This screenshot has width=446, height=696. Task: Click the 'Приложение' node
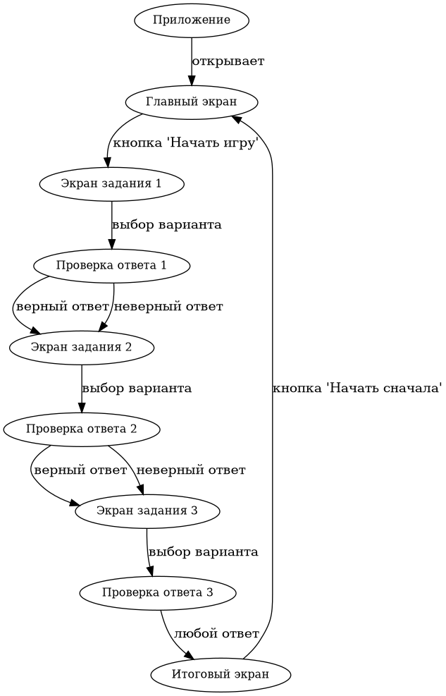[x=192, y=20]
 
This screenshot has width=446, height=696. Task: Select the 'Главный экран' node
[x=192, y=102]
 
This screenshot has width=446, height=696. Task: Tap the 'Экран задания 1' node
[x=112, y=183]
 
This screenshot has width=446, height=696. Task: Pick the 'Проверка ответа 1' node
[x=112, y=265]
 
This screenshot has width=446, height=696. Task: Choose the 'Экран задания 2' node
[x=82, y=347]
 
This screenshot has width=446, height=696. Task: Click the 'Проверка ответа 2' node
[x=82, y=429]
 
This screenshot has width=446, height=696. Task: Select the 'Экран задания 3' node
[x=147, y=511]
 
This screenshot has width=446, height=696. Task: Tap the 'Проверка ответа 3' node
[x=158, y=592]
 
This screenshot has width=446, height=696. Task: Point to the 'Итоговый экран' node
[x=221, y=674]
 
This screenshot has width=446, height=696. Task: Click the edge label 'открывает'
[x=228, y=61]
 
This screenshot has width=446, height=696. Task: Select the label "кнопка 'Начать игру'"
[x=186, y=142]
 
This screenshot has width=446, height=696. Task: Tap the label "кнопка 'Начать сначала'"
[x=357, y=388]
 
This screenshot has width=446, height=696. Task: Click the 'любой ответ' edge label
[x=216, y=633]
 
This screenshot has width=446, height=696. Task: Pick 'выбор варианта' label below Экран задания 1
[x=167, y=224]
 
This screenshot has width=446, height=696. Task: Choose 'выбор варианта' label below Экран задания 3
[x=204, y=551]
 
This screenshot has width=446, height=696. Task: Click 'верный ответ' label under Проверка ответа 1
[x=62, y=306]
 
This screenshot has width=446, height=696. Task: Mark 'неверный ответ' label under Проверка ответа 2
[x=190, y=470]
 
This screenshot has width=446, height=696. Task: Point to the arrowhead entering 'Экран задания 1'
[x=108, y=165]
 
